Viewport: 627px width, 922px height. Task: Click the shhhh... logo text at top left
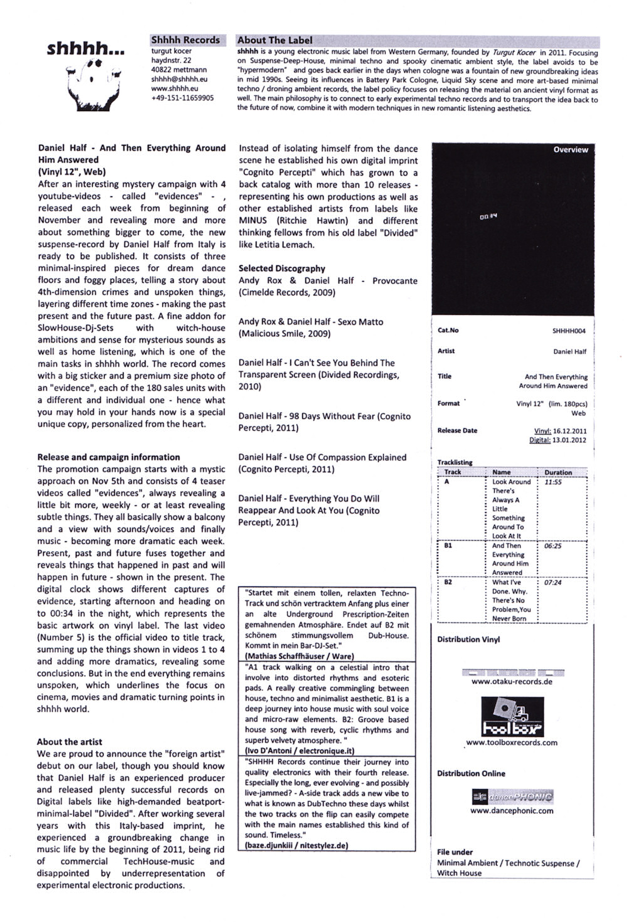tap(86, 48)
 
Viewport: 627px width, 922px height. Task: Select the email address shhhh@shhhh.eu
tap(179, 79)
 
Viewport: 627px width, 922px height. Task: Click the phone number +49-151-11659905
tap(182, 98)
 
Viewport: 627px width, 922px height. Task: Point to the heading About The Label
tap(275, 40)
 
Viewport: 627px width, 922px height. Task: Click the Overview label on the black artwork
tap(570, 150)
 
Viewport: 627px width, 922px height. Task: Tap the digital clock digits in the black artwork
tap(488, 216)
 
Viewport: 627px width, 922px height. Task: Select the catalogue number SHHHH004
tap(569, 331)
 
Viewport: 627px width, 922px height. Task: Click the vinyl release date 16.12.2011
tap(570, 431)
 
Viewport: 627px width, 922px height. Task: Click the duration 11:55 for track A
tap(553, 482)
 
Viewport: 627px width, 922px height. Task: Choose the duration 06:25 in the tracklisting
tap(553, 546)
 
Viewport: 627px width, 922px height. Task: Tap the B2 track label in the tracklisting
tap(448, 583)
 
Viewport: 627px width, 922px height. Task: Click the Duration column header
tap(558, 472)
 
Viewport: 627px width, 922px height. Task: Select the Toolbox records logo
tap(512, 717)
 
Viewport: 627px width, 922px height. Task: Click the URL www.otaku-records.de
tap(512, 682)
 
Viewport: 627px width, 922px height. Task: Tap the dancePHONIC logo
tap(512, 797)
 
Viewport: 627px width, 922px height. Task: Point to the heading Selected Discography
tap(282, 268)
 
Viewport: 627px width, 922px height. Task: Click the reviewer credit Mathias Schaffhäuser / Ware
tap(300, 656)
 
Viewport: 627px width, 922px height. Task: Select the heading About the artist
tap(70, 741)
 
